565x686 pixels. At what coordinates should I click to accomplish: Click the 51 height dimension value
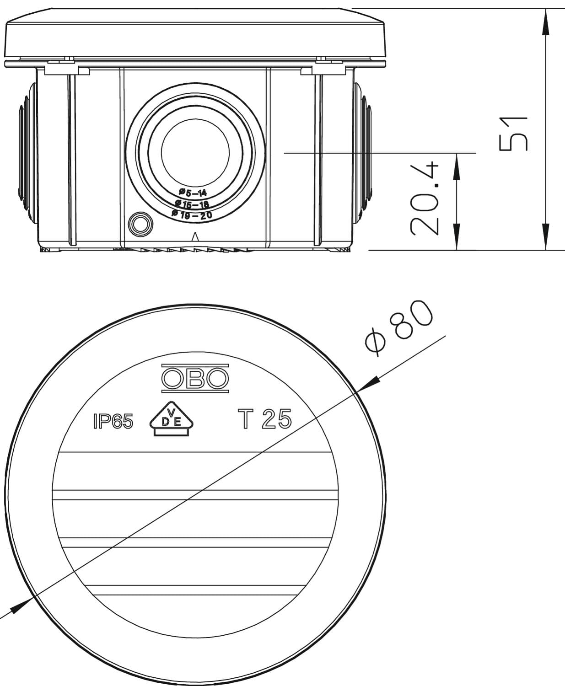tap(513, 134)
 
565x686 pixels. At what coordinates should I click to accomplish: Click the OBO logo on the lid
tap(195, 378)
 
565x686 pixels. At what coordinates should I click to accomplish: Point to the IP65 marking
tap(113, 422)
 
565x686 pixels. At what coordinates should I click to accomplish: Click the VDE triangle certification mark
tap(171, 419)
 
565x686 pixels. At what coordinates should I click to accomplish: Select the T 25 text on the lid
tap(264, 419)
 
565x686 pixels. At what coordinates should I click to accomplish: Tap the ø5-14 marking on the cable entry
tap(193, 193)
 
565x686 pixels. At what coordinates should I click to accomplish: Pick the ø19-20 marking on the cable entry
tap(192, 214)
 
